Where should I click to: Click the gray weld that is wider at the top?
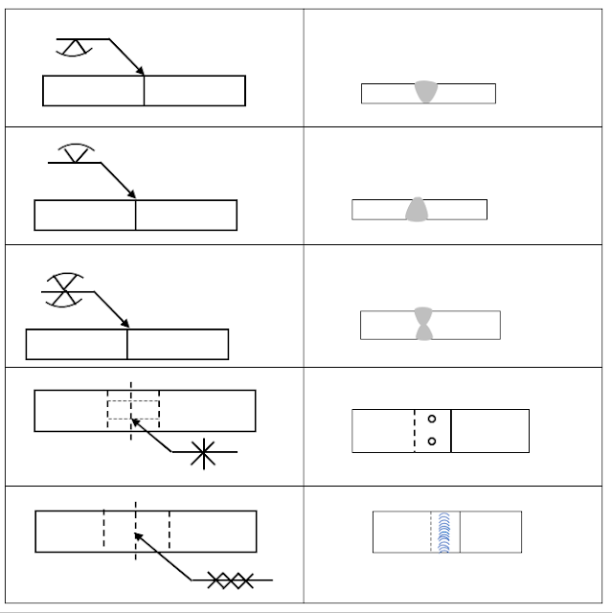click(x=427, y=93)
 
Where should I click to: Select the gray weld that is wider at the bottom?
click(x=417, y=210)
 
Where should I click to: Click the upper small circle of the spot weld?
click(x=432, y=419)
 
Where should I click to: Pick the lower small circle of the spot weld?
click(x=432, y=442)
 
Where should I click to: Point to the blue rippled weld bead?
click(x=443, y=533)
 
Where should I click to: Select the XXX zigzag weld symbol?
click(x=231, y=579)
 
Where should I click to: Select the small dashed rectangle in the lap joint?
click(x=133, y=410)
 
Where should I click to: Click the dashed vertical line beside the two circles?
click(x=415, y=431)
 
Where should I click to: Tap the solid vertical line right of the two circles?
click(x=451, y=431)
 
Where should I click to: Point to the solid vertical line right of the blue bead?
click(x=461, y=532)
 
